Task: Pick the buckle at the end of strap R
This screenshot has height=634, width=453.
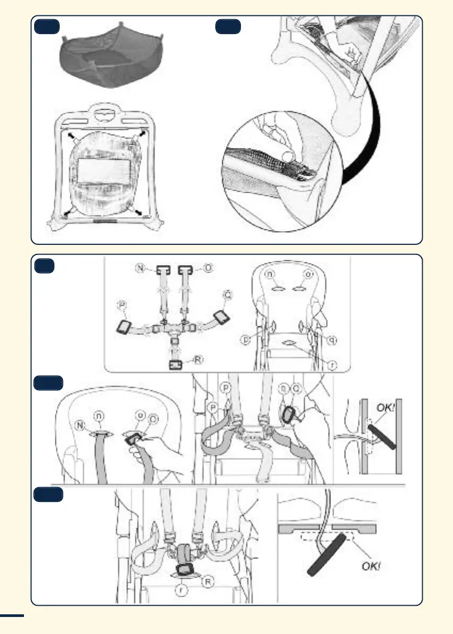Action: click(176, 365)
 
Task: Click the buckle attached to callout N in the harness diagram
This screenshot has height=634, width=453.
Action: click(160, 269)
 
